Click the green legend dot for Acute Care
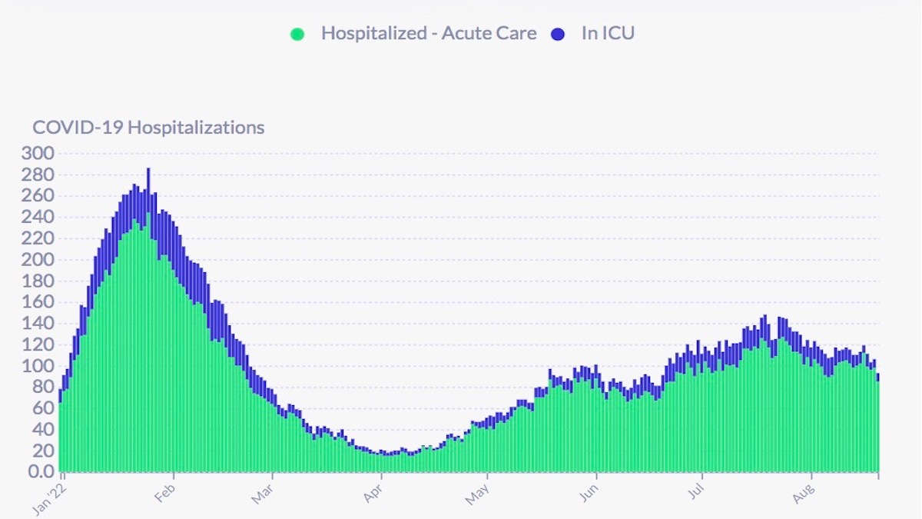(297, 34)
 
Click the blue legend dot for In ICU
(558, 34)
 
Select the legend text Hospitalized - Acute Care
(429, 34)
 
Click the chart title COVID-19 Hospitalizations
(148, 128)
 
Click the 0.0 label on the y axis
(41, 471)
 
